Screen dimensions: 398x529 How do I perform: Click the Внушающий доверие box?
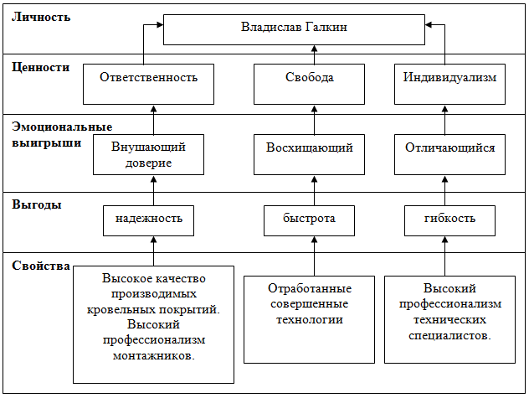(148, 153)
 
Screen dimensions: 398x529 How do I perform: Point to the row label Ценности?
(41, 67)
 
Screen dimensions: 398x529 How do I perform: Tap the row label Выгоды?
(37, 204)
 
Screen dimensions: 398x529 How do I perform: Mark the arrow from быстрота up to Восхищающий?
(314, 189)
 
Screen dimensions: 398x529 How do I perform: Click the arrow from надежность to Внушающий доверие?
(153, 189)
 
